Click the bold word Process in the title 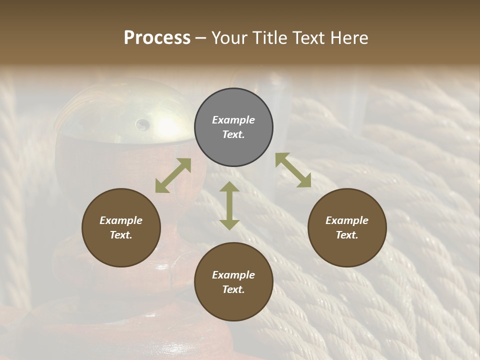[157, 38]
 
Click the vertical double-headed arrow [229, 205]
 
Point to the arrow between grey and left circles [173, 175]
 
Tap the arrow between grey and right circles [293, 170]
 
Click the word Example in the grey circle [233, 120]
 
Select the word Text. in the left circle [121, 235]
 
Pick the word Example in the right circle [347, 220]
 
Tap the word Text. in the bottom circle [233, 289]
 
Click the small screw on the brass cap [142, 123]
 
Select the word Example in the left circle [121, 220]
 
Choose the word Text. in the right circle [347, 235]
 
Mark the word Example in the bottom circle [233, 275]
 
